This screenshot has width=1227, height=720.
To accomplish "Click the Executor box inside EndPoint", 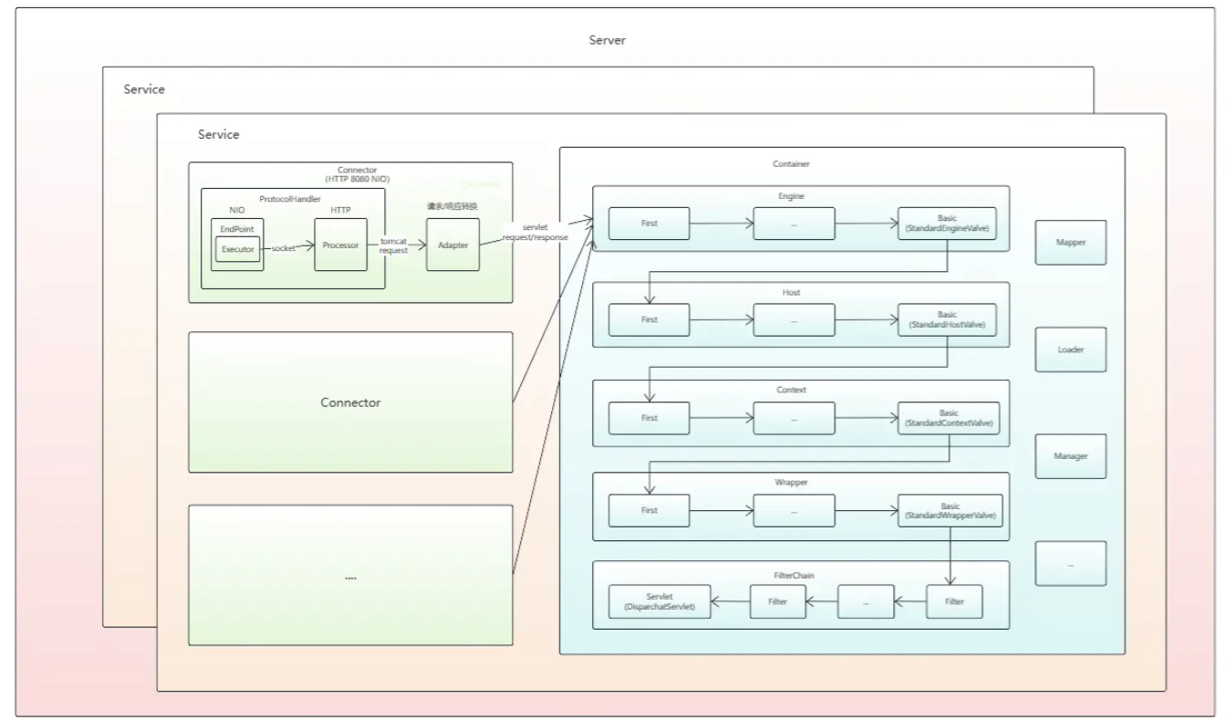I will pos(238,248).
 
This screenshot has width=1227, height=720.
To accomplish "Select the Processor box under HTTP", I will pos(340,245).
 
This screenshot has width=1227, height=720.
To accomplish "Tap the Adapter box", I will pos(452,245).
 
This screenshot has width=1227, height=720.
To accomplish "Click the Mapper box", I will pos(1070,243).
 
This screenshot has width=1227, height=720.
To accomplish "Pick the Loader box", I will pos(1070,350).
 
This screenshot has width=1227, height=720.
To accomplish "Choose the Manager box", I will pos(1070,456).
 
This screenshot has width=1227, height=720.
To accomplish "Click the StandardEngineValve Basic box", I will pos(948,224).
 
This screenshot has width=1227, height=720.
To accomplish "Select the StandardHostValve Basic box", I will pos(948,319).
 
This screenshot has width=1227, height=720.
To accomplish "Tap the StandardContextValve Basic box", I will pos(948,419).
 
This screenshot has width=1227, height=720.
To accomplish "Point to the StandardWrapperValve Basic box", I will pos(949,511).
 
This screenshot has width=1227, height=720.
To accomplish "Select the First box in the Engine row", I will pos(649,224).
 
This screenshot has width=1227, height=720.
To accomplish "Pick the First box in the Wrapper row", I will pos(649,511).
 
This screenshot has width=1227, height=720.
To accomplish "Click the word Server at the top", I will pos(608,41).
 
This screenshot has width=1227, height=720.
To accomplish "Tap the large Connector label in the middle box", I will pos(350,402).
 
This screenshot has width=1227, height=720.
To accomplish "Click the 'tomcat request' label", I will pos(395,245).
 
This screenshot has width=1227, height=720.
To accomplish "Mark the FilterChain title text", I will pos(800,576).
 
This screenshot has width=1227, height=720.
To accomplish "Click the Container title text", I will pos(790,164).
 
